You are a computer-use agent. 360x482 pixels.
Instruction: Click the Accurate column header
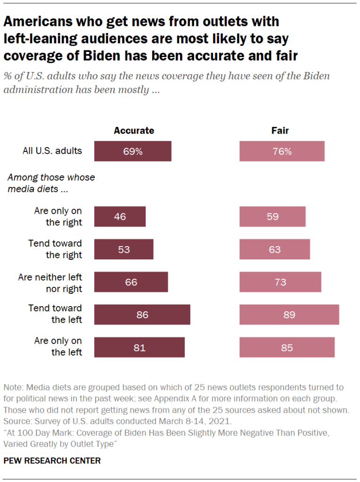[x=134, y=131]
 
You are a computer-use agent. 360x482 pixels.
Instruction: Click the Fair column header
[x=280, y=131]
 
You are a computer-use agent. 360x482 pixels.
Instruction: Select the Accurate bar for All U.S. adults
[x=132, y=151]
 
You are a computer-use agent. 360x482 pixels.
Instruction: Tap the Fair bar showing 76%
[x=282, y=151]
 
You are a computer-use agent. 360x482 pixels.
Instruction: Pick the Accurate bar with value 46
[x=120, y=217]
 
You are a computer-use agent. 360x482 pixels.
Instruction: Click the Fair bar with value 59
[x=272, y=217]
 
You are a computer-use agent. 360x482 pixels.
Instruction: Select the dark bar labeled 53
[x=123, y=249]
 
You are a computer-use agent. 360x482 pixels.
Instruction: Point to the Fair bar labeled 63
[x=275, y=249]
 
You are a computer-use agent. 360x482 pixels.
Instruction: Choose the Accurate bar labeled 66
[x=131, y=282]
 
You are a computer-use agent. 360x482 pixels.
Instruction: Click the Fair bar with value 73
[x=280, y=282]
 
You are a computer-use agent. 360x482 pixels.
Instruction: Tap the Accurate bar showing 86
[x=142, y=315]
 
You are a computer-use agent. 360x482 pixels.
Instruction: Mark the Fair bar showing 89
[x=289, y=315]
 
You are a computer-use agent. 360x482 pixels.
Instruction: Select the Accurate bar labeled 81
[x=139, y=348]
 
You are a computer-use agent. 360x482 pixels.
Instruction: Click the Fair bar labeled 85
[x=287, y=348]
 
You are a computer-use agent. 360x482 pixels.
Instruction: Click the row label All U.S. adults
[x=52, y=151]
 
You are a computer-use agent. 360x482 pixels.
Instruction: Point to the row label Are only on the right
[x=58, y=216]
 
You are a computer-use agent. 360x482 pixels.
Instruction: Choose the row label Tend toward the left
[x=55, y=314]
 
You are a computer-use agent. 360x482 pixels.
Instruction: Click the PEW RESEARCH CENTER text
[x=52, y=460]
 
